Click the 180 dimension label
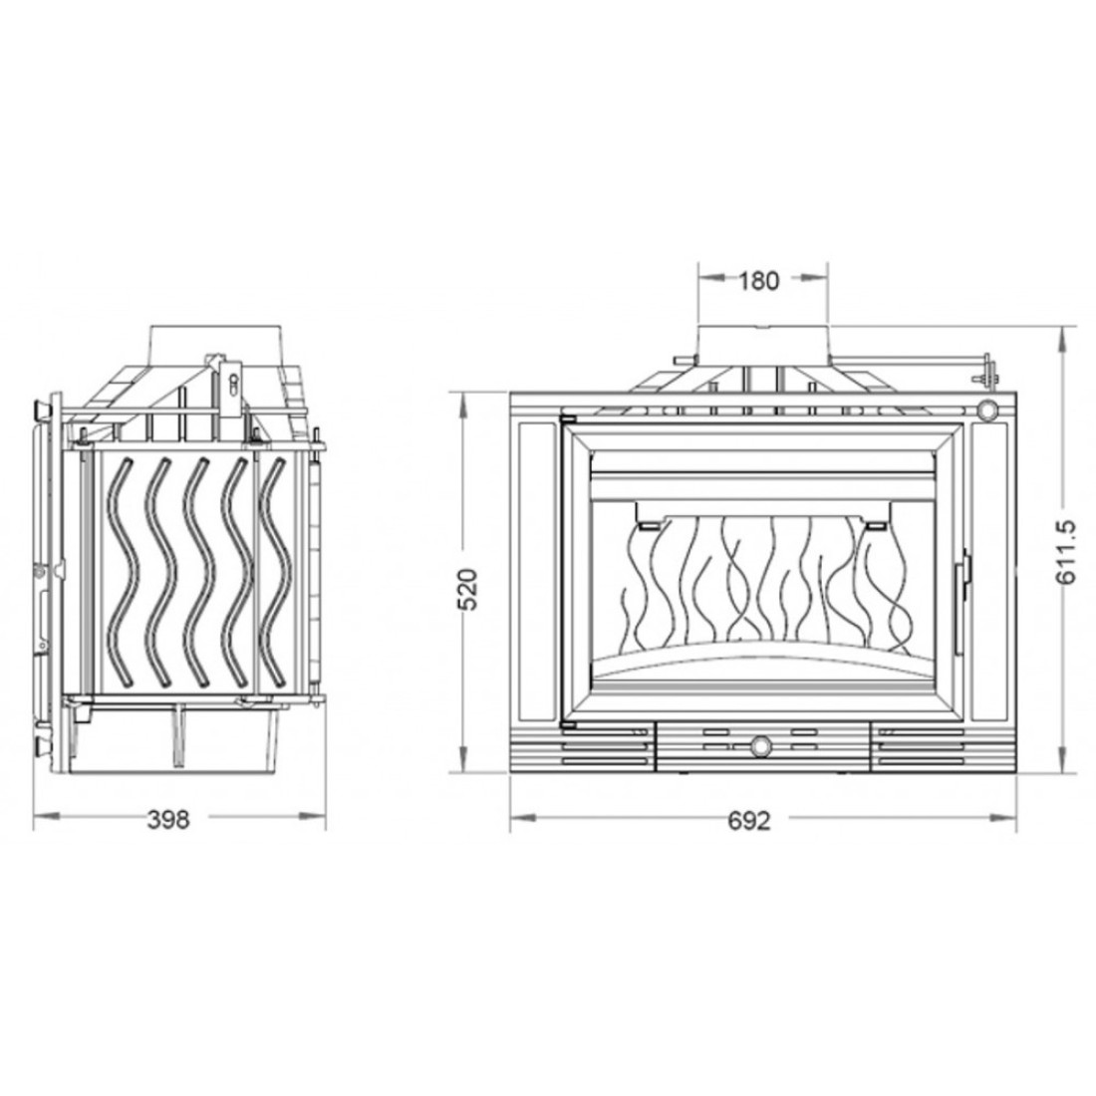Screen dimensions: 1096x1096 point(758,281)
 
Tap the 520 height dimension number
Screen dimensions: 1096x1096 point(468,589)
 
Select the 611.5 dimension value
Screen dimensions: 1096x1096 point(1067,552)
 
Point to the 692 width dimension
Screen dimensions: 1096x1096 point(748,820)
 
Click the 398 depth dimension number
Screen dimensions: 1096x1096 point(167,819)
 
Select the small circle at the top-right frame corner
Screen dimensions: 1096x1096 point(987,409)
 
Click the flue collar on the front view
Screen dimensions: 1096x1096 point(762,343)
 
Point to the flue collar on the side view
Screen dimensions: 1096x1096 point(216,343)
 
